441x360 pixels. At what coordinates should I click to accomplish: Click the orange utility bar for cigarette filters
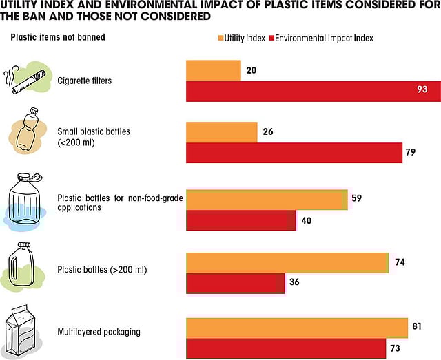(x=213, y=70)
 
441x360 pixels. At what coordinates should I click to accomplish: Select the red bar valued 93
(x=314, y=91)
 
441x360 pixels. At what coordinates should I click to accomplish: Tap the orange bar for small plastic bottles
(x=221, y=133)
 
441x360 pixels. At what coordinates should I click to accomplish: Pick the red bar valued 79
(x=294, y=153)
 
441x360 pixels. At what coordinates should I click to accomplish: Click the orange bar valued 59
(x=267, y=199)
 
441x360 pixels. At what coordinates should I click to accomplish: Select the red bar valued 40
(x=240, y=220)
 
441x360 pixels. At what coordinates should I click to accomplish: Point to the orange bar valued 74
(x=287, y=263)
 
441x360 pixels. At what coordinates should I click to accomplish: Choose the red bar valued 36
(x=235, y=284)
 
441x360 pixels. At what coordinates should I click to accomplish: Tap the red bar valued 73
(x=286, y=348)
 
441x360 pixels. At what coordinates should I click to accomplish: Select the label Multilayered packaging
(x=99, y=332)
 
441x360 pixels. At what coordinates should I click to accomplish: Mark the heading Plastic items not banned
(x=57, y=37)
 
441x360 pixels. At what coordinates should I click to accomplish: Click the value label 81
(x=416, y=326)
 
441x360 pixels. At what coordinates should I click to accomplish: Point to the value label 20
(x=251, y=70)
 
